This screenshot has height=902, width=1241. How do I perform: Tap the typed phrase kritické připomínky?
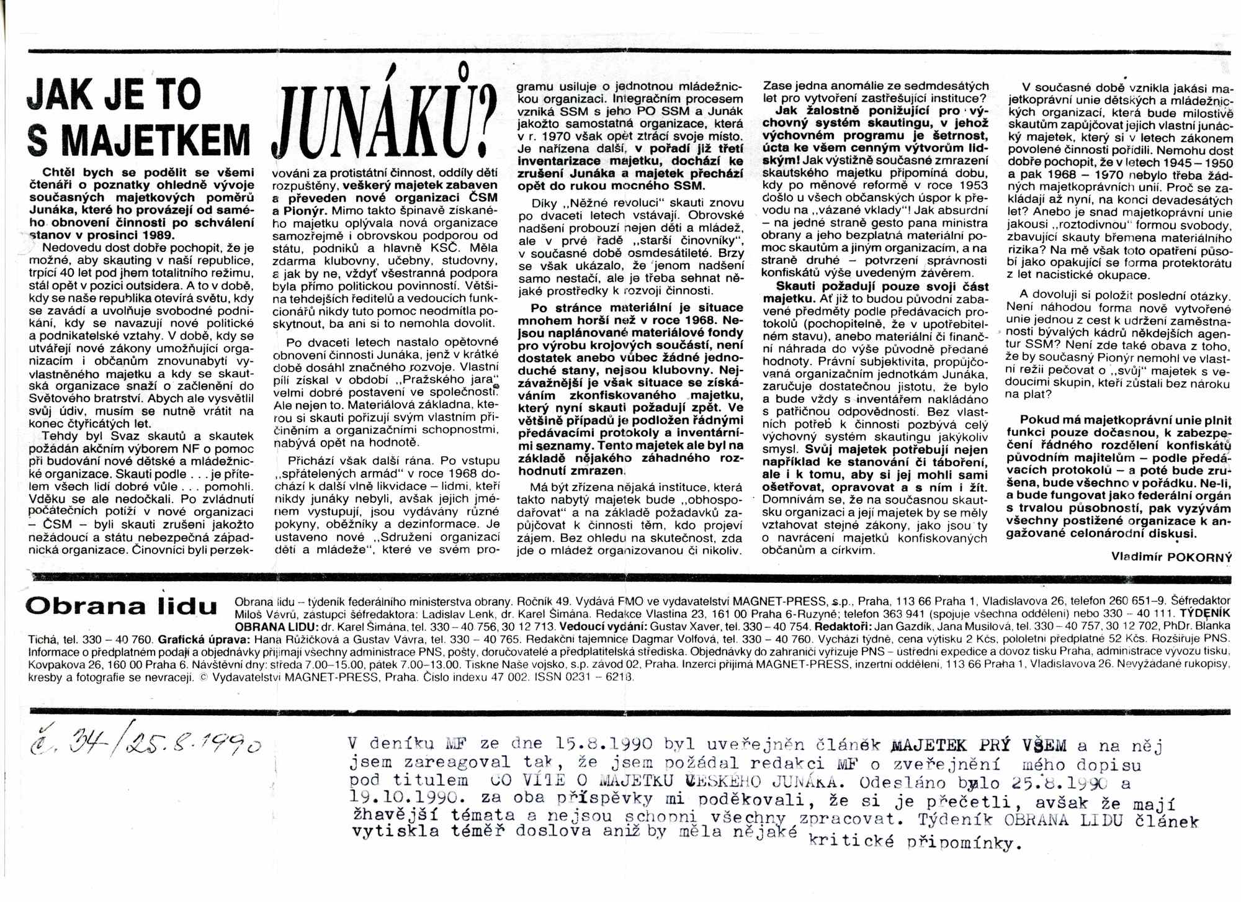coord(913,842)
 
